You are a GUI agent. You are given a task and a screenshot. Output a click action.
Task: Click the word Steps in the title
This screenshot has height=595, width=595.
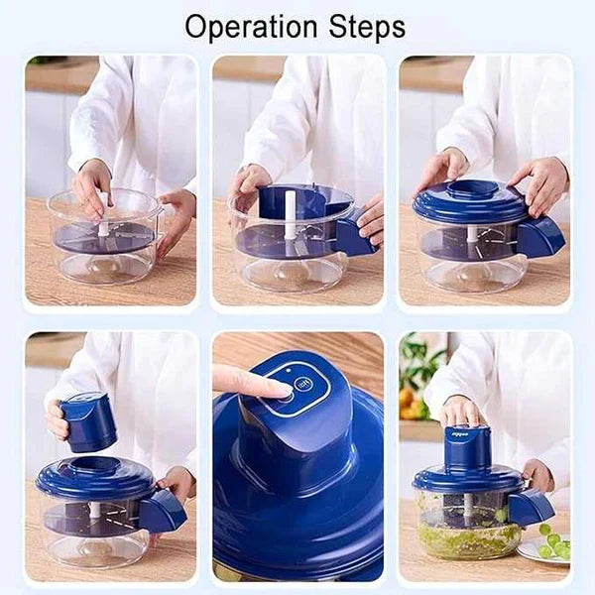tap(367, 27)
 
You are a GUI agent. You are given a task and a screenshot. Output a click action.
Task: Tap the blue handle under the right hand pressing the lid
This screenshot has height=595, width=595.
tap(540, 237)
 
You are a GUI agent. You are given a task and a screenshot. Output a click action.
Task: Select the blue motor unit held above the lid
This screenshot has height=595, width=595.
tap(89, 421)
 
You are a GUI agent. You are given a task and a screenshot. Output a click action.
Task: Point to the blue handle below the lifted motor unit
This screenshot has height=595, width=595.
tap(162, 511)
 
